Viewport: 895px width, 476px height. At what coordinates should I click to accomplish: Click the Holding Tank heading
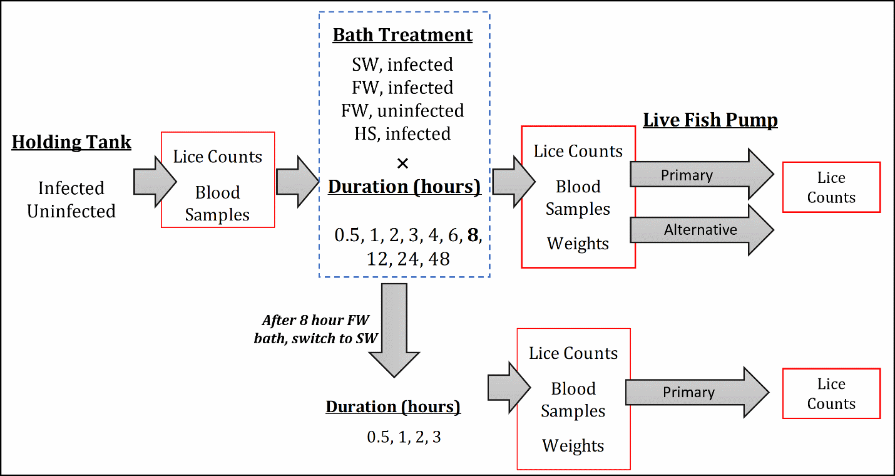tap(71, 142)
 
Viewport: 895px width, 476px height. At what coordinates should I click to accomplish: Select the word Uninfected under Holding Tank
tap(71, 211)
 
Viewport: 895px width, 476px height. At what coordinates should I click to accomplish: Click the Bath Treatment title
tap(402, 35)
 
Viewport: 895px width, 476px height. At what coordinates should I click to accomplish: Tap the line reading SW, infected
tap(402, 65)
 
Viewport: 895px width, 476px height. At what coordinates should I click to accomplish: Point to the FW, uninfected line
tap(402, 111)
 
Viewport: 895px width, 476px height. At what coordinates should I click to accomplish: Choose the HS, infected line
tap(402, 134)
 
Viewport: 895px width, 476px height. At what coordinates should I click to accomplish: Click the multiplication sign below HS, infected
tap(403, 164)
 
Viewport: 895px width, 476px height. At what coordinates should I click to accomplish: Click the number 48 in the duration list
tap(438, 259)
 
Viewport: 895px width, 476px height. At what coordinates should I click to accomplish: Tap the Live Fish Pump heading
tap(710, 120)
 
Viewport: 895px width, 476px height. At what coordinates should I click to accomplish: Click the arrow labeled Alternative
tap(701, 230)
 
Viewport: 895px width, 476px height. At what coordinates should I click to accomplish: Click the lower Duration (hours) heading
tap(393, 407)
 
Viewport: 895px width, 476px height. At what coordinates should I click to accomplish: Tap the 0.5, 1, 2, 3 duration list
tap(404, 437)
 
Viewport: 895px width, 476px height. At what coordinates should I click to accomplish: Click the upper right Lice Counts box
tap(831, 187)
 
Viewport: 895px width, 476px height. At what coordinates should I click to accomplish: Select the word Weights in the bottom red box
tap(573, 446)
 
